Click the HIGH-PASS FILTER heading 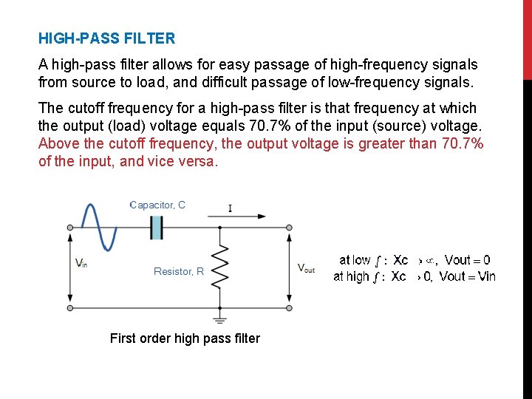pyautogui.click(x=106, y=38)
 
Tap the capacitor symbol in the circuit pyautogui.click(x=156, y=227)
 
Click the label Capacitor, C pyautogui.click(x=157, y=205)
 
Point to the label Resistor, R pyautogui.click(x=179, y=272)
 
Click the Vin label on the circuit pyautogui.click(x=81, y=263)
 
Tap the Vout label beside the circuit pyautogui.click(x=306, y=268)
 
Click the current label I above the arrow pyautogui.click(x=230, y=208)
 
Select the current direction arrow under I pyautogui.click(x=236, y=217)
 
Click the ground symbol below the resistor pyautogui.click(x=219, y=319)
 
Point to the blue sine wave pyautogui.click(x=100, y=225)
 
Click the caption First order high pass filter pyautogui.click(x=185, y=338)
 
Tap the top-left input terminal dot pyautogui.click(x=70, y=228)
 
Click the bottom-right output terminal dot pyautogui.click(x=289, y=307)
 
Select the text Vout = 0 pyautogui.click(x=467, y=260)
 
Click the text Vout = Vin pyautogui.click(x=467, y=276)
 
